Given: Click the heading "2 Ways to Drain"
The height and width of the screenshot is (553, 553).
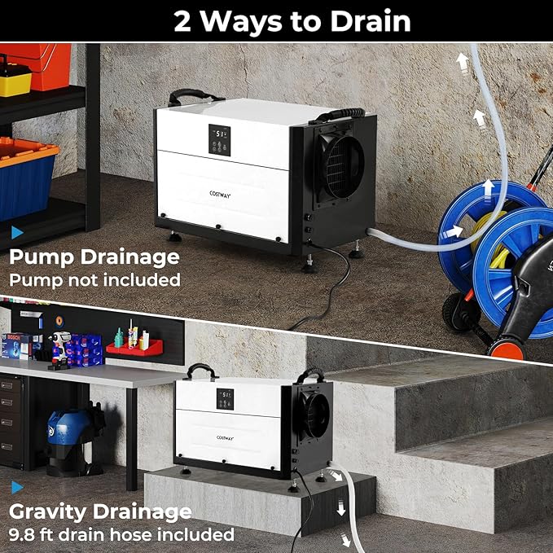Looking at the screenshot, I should [292, 21].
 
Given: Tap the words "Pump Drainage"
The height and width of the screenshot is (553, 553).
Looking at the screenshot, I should [94, 257].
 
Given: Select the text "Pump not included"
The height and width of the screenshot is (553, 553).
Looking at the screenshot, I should [94, 279].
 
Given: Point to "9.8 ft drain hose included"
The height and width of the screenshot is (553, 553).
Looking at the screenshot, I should [121, 534].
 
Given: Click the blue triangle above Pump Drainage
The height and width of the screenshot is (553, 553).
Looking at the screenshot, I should [17, 233].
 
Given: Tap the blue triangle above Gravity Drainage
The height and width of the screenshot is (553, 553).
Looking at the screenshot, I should [17, 487].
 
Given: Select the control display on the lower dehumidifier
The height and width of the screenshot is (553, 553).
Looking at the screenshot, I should [225, 399].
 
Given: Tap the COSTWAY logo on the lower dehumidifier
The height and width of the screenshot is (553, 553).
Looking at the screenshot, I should [223, 437].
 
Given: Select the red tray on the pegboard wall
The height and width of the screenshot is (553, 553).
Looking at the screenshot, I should [134, 347].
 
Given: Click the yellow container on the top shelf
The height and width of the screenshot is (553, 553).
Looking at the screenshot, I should [14, 79].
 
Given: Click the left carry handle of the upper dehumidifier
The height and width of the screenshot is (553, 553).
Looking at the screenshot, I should [195, 95].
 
